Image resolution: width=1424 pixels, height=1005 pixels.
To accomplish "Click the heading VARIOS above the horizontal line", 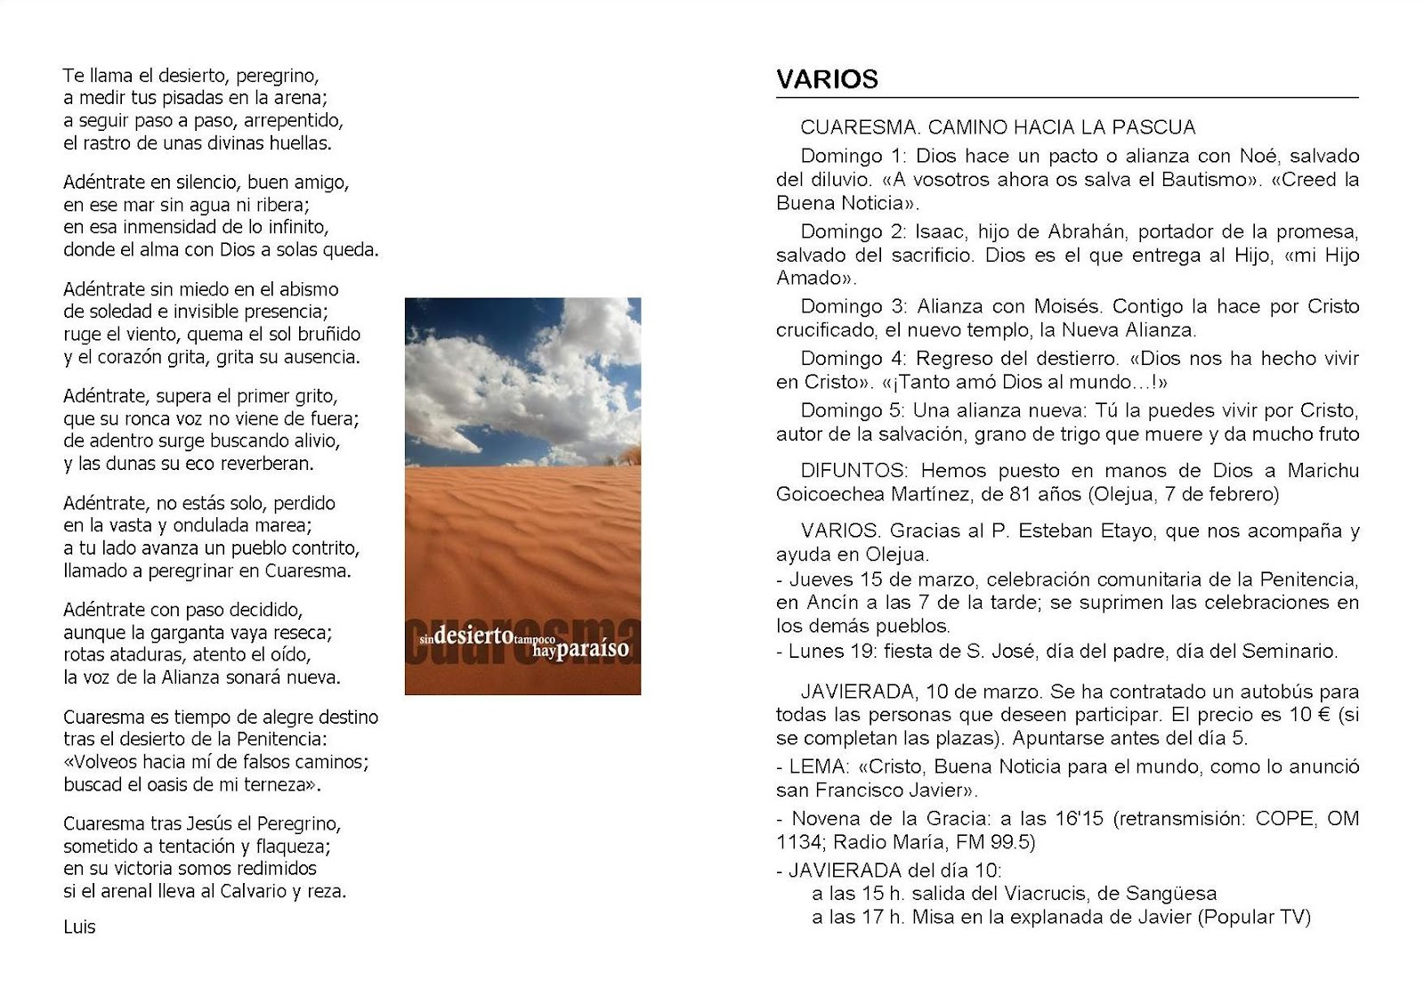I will point(827,79).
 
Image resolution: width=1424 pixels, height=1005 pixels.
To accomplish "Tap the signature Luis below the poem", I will point(79,928).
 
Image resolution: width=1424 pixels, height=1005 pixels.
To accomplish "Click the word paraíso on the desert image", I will point(594,648).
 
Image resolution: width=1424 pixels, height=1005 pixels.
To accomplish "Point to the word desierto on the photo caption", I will point(473,636).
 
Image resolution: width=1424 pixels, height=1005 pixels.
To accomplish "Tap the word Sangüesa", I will point(1171,894).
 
